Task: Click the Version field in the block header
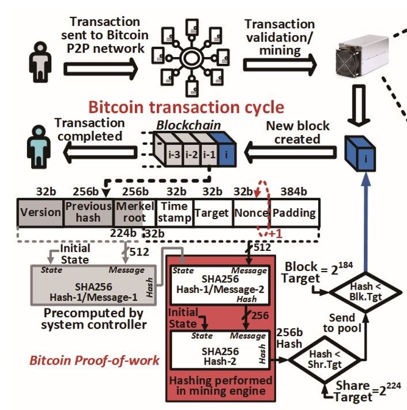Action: pyautogui.click(x=40, y=212)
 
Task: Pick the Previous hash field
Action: pyautogui.click(x=89, y=212)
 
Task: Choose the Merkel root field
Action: pyautogui.click(x=134, y=212)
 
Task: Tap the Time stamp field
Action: pyautogui.click(x=173, y=212)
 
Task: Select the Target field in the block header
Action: pyautogui.click(x=212, y=212)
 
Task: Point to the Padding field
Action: pyautogui.click(x=293, y=212)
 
